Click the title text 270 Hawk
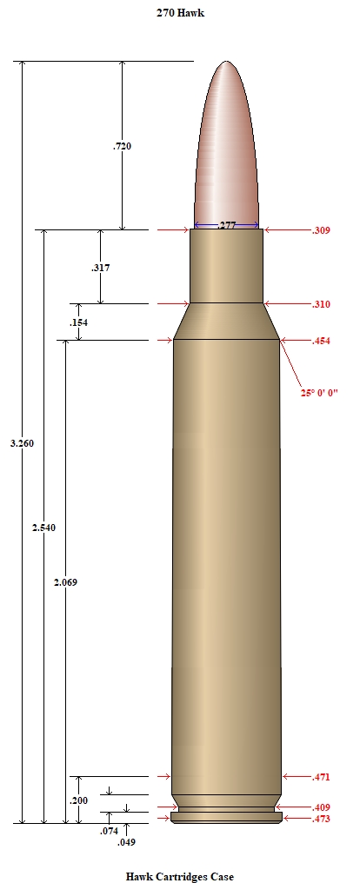click(x=180, y=12)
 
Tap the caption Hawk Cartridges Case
click(x=179, y=876)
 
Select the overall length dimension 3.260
click(x=22, y=443)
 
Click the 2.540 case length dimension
click(x=44, y=528)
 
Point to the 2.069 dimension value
click(x=65, y=582)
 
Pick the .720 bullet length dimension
click(x=123, y=146)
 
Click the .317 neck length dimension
click(x=100, y=268)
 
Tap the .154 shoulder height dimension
click(x=78, y=322)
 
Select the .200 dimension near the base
click(x=78, y=800)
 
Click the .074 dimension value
click(x=109, y=831)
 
